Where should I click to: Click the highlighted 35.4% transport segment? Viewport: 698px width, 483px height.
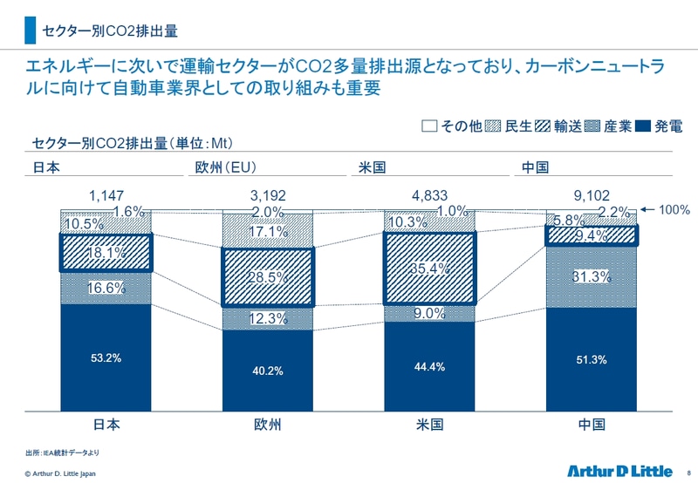tap(430, 267)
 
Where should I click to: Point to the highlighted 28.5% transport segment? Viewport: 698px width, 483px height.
tap(268, 276)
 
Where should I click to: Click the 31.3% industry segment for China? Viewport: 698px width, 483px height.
tap(592, 276)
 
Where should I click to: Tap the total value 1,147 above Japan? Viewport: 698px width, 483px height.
tap(106, 196)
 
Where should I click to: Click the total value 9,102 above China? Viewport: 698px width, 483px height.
tap(592, 196)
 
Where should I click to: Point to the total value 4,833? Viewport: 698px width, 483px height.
tap(430, 196)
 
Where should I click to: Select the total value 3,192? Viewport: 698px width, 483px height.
tap(268, 196)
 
